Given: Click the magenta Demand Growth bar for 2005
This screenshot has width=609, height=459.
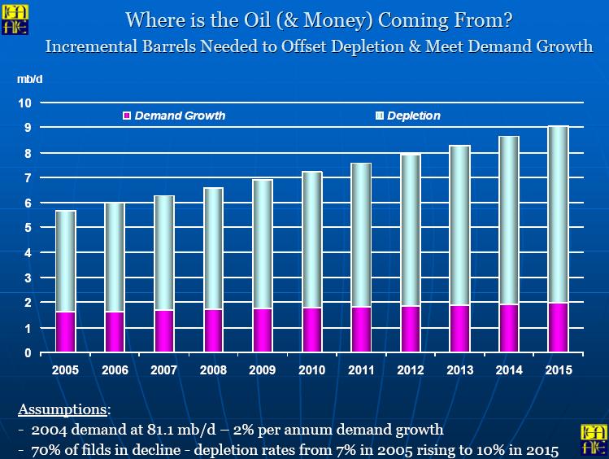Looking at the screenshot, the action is point(65,332).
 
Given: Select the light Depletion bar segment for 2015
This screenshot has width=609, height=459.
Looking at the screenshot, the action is point(559,215).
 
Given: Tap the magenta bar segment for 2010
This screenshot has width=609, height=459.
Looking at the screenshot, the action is point(312,330).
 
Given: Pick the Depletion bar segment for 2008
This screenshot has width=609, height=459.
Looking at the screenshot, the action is point(213,249).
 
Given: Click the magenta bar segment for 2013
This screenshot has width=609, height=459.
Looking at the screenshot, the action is point(460,329).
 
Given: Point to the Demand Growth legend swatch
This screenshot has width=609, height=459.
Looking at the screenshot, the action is point(127,116).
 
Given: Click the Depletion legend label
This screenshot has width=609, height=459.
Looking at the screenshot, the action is point(414,116).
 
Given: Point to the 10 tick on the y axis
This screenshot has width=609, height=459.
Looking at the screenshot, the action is point(24,103).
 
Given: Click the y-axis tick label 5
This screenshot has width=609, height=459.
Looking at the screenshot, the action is point(28,227).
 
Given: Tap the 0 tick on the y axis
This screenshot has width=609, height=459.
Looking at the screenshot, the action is point(28,353).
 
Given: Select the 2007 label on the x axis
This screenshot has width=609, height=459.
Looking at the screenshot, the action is point(164,369).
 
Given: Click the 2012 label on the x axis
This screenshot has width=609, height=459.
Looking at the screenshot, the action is point(411,369).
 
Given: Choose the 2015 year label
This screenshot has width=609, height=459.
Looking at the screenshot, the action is point(559,369).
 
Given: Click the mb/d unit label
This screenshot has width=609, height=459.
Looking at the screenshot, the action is point(30,79).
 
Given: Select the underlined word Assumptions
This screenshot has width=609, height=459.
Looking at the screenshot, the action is point(62,409).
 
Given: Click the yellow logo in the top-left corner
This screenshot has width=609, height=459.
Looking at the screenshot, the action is point(15,20).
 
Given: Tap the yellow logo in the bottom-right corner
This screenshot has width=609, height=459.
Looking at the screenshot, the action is point(593,439).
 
